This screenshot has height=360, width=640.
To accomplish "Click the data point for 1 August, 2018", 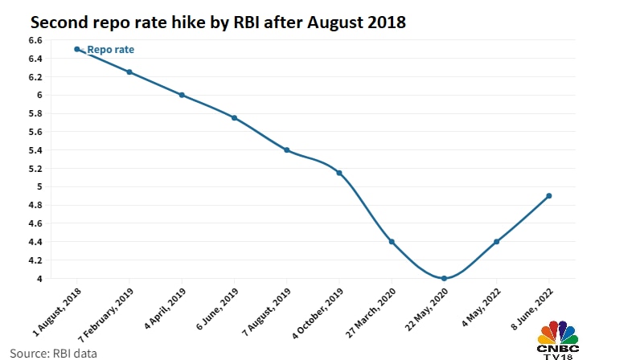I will click(x=77, y=49).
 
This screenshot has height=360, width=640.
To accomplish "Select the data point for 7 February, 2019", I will click(x=129, y=72).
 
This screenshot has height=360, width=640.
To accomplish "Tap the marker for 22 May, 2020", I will click(x=444, y=279).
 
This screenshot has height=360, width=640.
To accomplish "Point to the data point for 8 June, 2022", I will click(x=548, y=196).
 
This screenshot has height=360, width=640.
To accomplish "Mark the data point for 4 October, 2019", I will click(x=339, y=173).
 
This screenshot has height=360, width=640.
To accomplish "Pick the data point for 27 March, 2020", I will click(x=392, y=242).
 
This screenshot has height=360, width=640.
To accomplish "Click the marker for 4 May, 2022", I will click(x=496, y=242).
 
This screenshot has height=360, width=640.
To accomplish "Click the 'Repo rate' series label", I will click(x=110, y=50).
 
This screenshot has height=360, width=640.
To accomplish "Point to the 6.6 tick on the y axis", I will click(x=35, y=40).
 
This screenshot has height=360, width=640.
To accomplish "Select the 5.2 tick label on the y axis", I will click(x=35, y=169).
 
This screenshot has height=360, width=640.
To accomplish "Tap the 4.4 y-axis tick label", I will click(x=35, y=242).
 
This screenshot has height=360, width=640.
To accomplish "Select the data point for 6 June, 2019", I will click(x=234, y=118).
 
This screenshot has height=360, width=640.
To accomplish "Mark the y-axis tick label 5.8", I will click(x=35, y=113).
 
